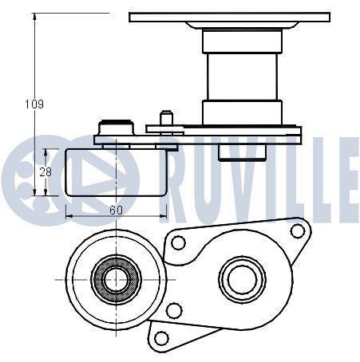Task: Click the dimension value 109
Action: point(34,104)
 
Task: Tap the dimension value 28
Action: point(45,172)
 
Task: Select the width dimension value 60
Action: point(116,211)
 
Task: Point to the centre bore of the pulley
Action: point(116,280)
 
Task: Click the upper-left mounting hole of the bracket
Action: point(178,242)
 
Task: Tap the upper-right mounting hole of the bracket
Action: point(298,230)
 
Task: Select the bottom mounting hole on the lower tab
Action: point(161,338)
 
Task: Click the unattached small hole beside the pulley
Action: point(174,310)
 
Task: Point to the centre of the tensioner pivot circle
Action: point(242,279)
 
